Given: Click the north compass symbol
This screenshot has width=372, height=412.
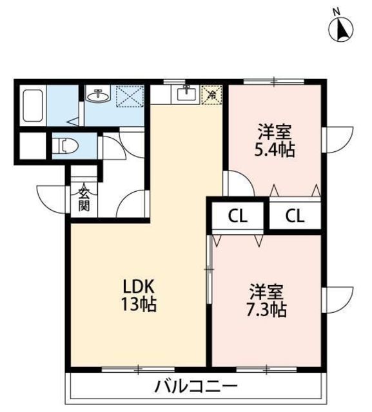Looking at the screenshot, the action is point(341,27).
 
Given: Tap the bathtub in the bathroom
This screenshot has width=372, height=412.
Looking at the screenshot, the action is point(33,106).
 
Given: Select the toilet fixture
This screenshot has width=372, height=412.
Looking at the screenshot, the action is point(65,145).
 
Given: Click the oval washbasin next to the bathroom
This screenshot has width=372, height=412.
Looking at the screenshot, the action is point(99,96).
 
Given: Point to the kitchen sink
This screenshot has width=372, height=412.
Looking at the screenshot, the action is point(186,93).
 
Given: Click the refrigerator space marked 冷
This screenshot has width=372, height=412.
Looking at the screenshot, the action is point(211,95).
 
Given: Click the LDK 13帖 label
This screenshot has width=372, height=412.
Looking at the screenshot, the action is point(139,295).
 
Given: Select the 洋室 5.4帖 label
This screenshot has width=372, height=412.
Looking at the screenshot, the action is point(275,141).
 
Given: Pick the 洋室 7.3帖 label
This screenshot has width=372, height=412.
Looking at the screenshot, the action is point(266,301).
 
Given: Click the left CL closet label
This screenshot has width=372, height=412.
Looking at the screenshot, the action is point(238,216).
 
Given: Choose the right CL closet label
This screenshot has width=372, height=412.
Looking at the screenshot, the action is point(295,216).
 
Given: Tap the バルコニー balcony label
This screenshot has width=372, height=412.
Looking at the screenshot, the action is point(196,386).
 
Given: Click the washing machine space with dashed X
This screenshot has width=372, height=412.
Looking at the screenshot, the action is point(130,96).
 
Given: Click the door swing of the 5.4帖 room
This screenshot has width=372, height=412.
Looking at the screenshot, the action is point(239,183).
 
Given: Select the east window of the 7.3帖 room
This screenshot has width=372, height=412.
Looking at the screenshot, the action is point(337,300).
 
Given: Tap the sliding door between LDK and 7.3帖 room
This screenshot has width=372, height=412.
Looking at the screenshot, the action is point(209,270).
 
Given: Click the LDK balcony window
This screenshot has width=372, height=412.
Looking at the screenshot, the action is point(139,370).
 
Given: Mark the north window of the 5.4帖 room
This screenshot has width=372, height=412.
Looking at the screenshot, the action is point(274,81).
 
